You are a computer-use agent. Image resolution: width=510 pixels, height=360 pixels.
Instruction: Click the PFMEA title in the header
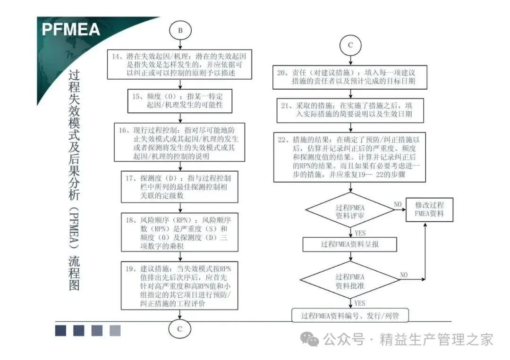[x=71, y=29]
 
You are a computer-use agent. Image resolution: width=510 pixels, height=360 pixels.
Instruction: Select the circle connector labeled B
[x=180, y=30]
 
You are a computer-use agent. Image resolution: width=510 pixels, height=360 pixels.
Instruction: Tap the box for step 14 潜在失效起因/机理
[x=180, y=65]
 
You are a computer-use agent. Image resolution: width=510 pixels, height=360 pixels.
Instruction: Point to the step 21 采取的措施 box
[x=349, y=110]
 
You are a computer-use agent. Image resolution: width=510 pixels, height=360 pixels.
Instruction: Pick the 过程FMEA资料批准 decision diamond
[x=349, y=282]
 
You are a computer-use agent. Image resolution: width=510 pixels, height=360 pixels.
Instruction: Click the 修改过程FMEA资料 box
[x=429, y=210]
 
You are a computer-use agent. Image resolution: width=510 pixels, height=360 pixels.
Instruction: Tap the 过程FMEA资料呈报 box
[x=349, y=244]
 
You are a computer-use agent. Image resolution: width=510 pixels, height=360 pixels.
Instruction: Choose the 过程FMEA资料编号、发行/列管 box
[x=349, y=316]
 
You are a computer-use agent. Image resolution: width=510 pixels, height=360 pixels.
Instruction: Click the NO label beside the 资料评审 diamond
[x=398, y=204]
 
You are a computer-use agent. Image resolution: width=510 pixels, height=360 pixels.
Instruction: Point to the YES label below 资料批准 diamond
[x=360, y=303]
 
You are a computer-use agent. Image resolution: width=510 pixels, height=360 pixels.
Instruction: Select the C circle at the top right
[x=350, y=45]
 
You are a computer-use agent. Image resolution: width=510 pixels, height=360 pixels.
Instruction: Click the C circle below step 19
[x=180, y=329]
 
